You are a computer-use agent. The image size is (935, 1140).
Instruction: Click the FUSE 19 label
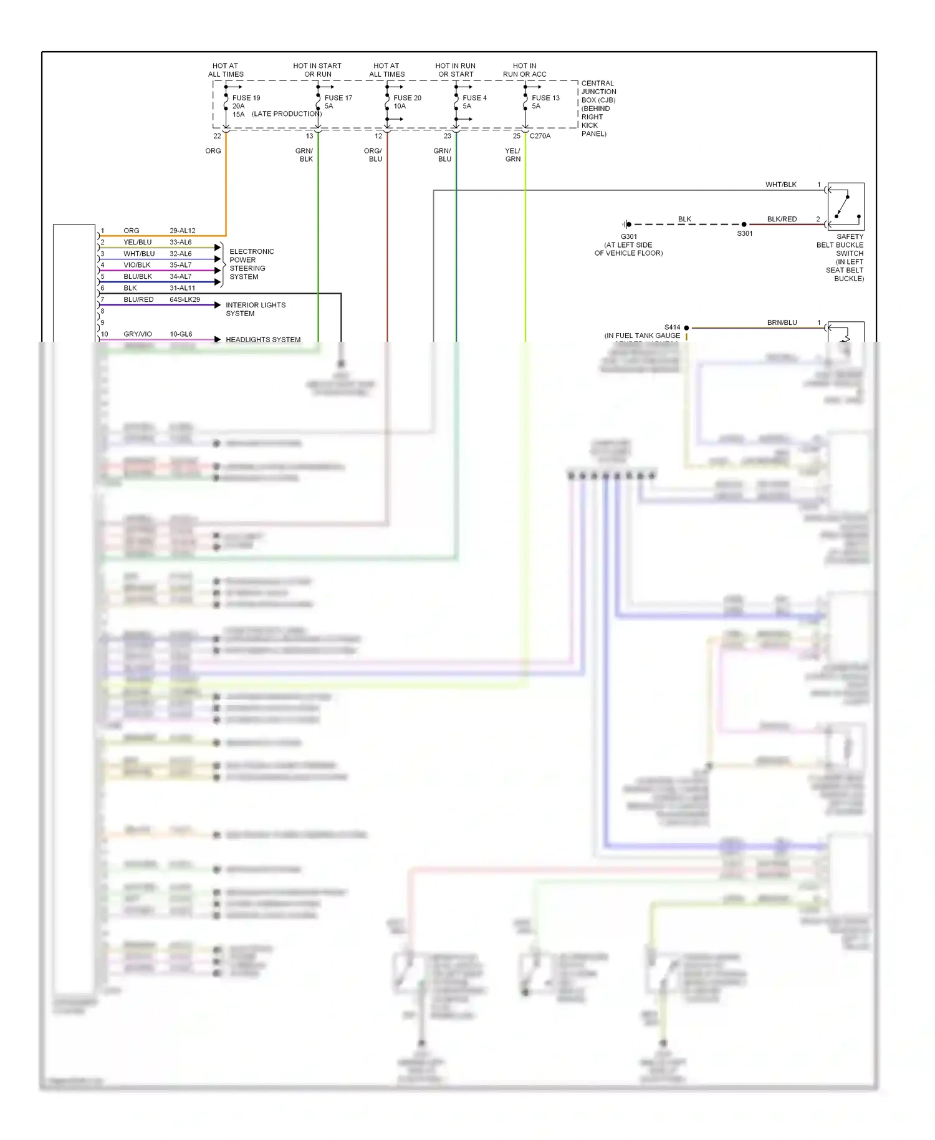point(246,98)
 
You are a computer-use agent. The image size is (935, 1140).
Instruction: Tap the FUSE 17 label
point(338,98)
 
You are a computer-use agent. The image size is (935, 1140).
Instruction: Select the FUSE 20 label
point(407,98)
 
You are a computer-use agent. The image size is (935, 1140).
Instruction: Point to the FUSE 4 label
point(474,98)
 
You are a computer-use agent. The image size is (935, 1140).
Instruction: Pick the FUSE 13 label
point(545,98)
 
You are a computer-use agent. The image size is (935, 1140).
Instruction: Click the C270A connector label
point(540,136)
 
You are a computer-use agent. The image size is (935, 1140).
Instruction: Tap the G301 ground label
point(629,237)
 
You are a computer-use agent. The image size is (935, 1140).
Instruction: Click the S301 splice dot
point(744,225)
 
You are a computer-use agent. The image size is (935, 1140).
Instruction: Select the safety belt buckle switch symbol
point(846,206)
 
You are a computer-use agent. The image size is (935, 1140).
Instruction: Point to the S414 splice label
point(672,327)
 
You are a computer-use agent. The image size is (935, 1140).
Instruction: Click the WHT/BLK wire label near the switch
point(781,185)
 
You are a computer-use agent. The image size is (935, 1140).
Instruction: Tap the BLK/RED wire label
point(782,220)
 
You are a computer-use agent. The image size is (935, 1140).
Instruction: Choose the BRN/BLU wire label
point(782,323)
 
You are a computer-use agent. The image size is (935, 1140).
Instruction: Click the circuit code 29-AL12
point(183,231)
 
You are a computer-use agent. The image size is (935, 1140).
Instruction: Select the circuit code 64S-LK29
point(185,299)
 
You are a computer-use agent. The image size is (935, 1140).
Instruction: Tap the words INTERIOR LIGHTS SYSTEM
point(256,309)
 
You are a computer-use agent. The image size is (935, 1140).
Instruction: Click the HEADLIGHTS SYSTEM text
point(263,339)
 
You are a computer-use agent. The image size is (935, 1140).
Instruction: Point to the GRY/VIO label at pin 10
point(138,334)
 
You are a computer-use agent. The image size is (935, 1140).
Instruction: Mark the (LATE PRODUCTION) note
point(287,114)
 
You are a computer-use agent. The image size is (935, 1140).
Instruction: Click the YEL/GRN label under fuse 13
point(512,155)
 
